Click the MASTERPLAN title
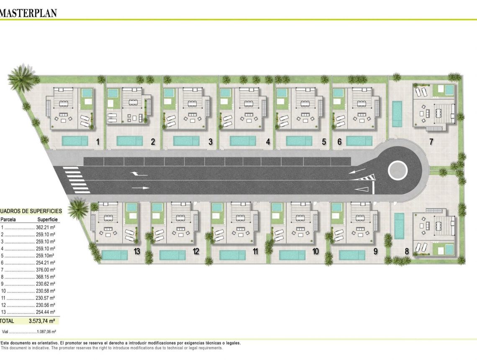(28, 13)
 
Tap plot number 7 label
(431, 141)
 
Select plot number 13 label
(137, 251)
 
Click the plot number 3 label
(210, 142)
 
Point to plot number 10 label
(315, 251)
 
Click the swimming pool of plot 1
(75, 141)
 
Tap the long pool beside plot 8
(400, 226)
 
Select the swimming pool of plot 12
(172, 255)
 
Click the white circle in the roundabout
(398, 170)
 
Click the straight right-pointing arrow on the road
(141, 188)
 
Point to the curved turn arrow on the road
(138, 174)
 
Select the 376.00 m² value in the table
(45, 270)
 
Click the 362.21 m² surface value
(45, 227)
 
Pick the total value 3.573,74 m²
(42, 321)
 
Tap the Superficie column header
(47, 219)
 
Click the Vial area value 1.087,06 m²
(46, 332)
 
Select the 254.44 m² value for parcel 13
(45, 312)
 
